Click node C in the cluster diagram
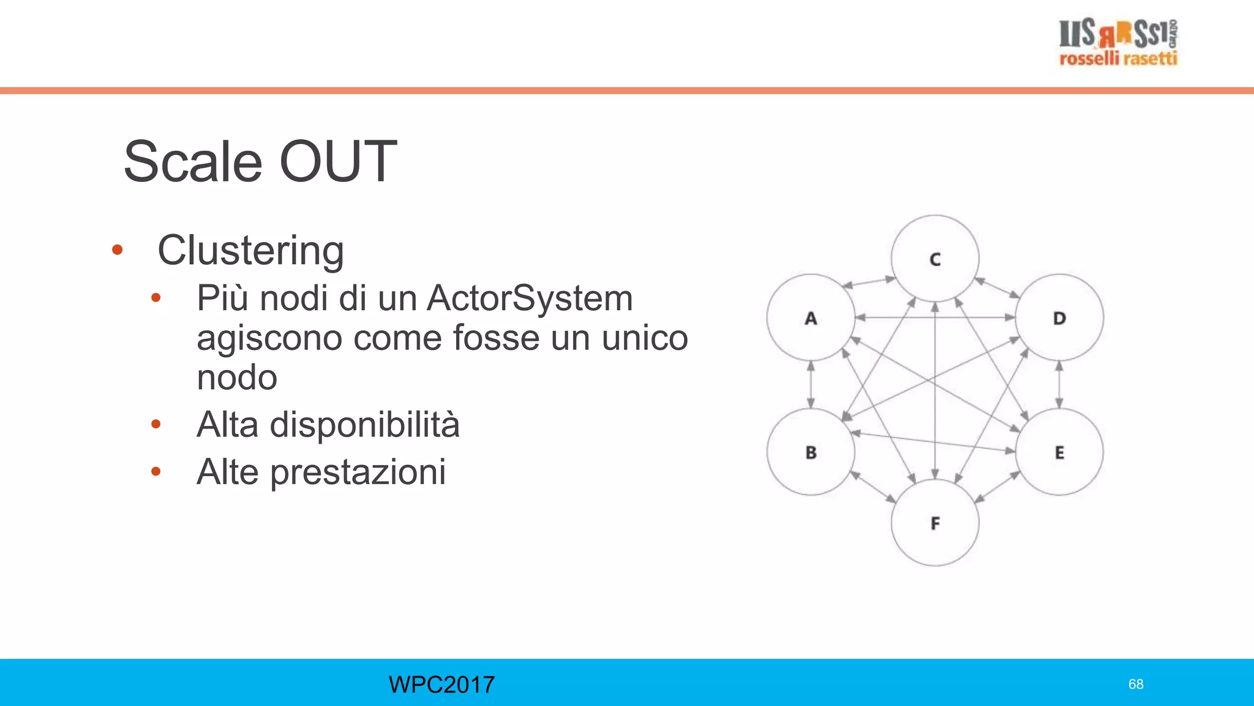tap(935, 259)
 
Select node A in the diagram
tap(811, 317)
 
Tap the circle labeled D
tap(1059, 317)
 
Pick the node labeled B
tap(811, 452)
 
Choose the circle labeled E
tap(1059, 452)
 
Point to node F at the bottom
tap(935, 523)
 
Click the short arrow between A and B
tap(811, 385)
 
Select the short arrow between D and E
tap(1059, 385)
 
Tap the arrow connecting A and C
tap(869, 283)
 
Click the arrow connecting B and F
tap(873, 488)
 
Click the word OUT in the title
tap(338, 161)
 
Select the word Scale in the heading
tap(193, 161)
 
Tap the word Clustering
tap(250, 251)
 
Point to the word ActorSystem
tap(530, 298)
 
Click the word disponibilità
tap(364, 425)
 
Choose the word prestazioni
tap(358, 472)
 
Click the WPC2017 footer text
tap(441, 684)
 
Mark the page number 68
tap(1136, 684)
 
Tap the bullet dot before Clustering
tap(118, 250)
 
